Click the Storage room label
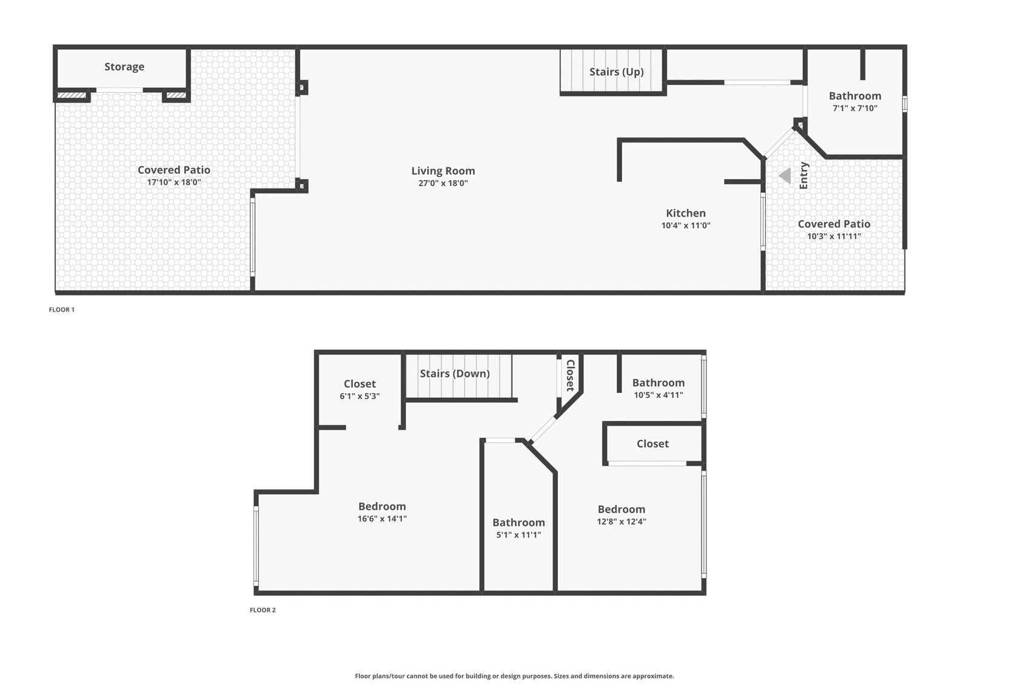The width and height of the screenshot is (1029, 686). click(124, 67)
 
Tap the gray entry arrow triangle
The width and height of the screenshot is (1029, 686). click(785, 176)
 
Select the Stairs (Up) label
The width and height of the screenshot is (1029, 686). click(616, 72)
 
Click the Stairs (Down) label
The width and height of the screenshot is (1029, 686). click(455, 374)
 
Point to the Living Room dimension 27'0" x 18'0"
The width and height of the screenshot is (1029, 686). click(443, 183)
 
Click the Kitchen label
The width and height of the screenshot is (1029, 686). click(686, 213)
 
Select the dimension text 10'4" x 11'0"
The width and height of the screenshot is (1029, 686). click(686, 226)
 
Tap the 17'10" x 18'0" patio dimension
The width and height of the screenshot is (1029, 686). click(173, 182)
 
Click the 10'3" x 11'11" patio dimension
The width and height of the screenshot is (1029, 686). click(834, 237)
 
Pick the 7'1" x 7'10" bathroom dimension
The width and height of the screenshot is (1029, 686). click(855, 109)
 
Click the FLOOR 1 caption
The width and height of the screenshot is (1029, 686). click(62, 310)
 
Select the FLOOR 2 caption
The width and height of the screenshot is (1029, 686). click(263, 610)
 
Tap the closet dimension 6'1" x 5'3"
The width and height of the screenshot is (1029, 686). click(360, 397)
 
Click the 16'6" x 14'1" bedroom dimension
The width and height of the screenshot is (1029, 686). click(382, 519)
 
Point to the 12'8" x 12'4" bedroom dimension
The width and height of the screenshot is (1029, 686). click(622, 522)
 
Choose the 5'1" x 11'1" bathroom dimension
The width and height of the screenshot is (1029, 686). click(518, 535)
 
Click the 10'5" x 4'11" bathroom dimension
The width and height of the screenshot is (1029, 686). click(659, 395)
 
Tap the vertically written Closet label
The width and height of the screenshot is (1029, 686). click(571, 375)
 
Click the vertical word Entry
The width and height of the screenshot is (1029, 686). click(804, 175)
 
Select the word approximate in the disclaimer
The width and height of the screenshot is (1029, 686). click(652, 676)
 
